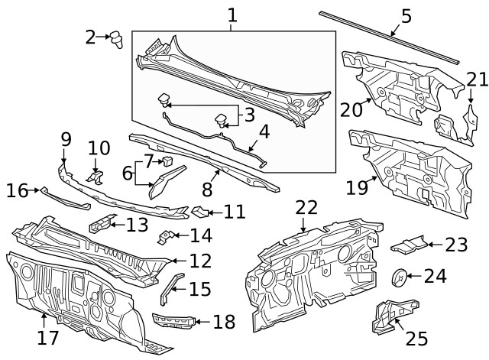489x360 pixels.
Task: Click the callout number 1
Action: click(232, 15)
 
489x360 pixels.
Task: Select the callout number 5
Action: click(406, 15)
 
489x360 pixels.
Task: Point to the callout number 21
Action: click(477, 79)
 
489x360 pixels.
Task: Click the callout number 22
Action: click(306, 208)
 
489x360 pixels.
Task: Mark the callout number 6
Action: click(127, 174)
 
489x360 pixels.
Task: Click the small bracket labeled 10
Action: click(96, 177)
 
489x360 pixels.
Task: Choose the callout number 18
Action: click(225, 322)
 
